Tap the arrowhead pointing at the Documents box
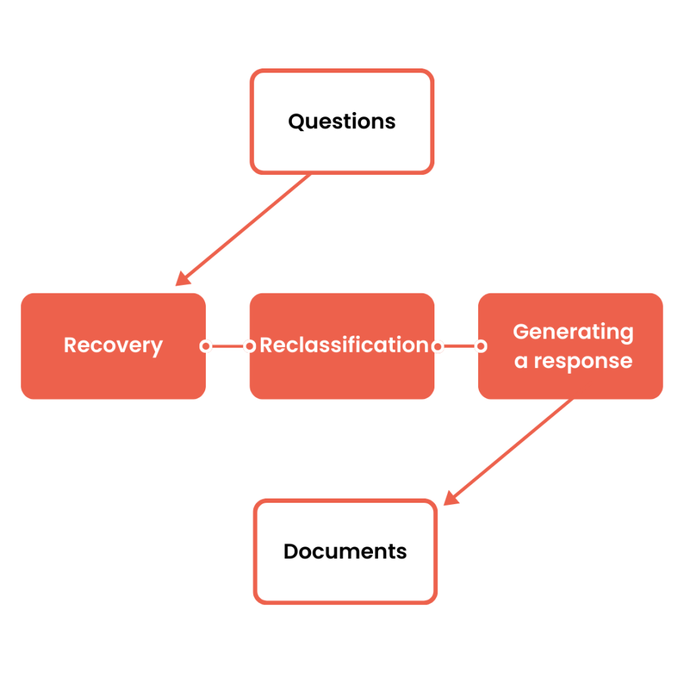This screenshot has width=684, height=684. (x=451, y=499)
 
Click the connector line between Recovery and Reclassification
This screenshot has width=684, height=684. (x=227, y=346)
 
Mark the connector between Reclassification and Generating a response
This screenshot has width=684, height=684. (x=458, y=346)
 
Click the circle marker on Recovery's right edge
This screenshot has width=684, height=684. (x=205, y=346)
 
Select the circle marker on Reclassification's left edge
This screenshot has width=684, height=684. (x=249, y=346)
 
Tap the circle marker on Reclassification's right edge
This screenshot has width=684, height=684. (x=437, y=346)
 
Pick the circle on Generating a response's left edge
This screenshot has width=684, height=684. (x=480, y=346)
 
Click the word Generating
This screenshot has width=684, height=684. (x=573, y=332)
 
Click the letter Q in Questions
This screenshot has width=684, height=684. (x=296, y=121)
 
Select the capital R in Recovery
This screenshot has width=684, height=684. (x=71, y=345)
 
